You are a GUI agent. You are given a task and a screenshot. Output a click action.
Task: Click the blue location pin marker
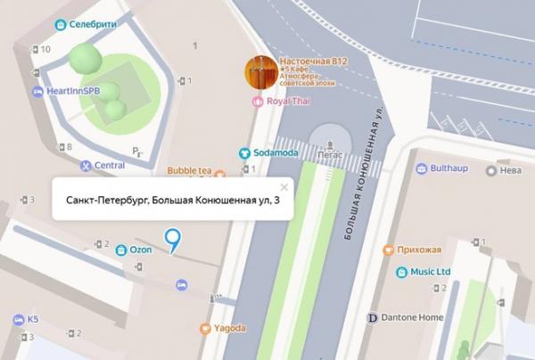[x=173, y=238]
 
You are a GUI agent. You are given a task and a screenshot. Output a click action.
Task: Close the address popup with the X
[x=284, y=187]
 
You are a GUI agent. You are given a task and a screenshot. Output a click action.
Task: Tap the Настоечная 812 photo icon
[x=261, y=72]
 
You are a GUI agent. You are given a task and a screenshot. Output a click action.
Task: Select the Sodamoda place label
[x=272, y=152]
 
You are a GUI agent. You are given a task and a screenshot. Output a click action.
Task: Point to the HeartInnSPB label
[x=72, y=91]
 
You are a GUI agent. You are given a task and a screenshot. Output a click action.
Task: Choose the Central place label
[x=109, y=165]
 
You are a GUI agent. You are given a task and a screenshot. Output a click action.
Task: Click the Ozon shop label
[x=140, y=250]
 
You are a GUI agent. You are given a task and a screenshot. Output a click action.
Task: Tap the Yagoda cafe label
[x=228, y=328]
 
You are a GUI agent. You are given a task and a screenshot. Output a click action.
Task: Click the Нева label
[x=509, y=170]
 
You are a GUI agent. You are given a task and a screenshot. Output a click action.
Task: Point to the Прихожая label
[x=422, y=250]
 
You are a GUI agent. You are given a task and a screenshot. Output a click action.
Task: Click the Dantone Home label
[x=410, y=317]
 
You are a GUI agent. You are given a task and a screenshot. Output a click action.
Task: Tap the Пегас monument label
[x=331, y=153]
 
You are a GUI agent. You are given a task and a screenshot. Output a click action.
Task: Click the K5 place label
[x=33, y=319]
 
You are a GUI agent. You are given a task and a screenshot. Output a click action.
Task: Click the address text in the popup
[x=166, y=202]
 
